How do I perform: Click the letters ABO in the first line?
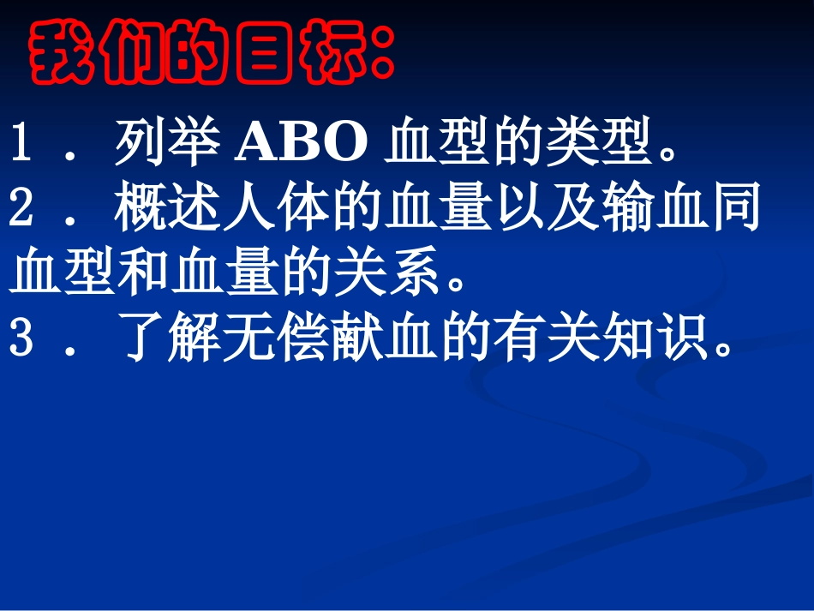tap(302, 147)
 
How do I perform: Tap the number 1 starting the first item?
tap(21, 147)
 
